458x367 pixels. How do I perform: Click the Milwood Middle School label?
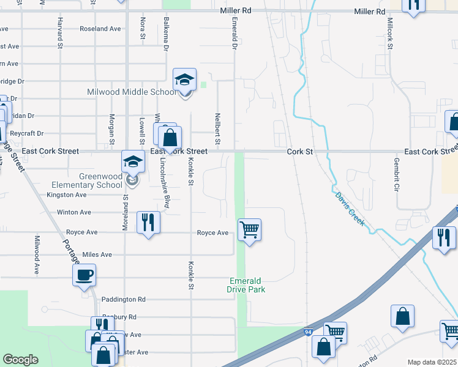click(132, 92)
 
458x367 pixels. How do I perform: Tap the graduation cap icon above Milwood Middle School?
click(184, 80)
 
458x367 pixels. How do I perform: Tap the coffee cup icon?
click(84, 275)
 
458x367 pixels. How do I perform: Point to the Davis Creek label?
click(350, 209)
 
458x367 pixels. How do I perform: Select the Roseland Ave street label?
click(100, 29)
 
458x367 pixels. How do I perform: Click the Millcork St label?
click(389, 34)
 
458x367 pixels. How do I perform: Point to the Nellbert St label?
click(217, 128)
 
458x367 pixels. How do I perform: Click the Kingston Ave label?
click(67, 195)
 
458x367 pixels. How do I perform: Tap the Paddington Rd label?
click(124, 300)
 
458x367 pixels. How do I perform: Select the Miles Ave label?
click(97, 254)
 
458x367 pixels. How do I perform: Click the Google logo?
click(20, 360)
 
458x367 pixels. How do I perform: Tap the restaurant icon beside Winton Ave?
click(148, 222)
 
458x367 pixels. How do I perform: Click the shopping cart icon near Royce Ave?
click(249, 231)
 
